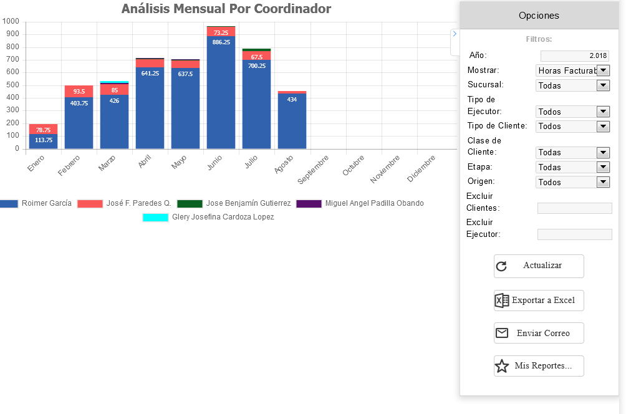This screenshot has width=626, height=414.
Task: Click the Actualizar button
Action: click(539, 266)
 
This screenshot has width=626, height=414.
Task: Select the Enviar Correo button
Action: click(539, 333)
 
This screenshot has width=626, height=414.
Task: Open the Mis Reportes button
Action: click(539, 366)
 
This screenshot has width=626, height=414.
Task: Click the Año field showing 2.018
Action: click(574, 55)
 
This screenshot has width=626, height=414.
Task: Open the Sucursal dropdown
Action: click(572, 85)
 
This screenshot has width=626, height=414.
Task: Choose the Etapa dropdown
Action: click(572, 167)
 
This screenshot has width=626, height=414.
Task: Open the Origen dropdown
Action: click(572, 182)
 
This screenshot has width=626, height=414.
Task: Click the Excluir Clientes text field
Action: click(574, 208)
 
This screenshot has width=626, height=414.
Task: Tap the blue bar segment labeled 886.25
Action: click(221, 94)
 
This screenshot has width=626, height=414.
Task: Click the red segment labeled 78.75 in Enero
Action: click(43, 129)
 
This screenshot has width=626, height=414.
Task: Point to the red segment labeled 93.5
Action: click(79, 91)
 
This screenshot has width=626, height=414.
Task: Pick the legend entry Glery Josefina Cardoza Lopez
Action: click(208, 217)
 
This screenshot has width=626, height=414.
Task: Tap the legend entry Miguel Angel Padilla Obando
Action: click(360, 203)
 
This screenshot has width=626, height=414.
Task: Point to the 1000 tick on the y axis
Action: click(11, 21)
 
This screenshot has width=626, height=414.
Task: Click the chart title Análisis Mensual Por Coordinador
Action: click(226, 9)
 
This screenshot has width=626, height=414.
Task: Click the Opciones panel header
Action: click(539, 16)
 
